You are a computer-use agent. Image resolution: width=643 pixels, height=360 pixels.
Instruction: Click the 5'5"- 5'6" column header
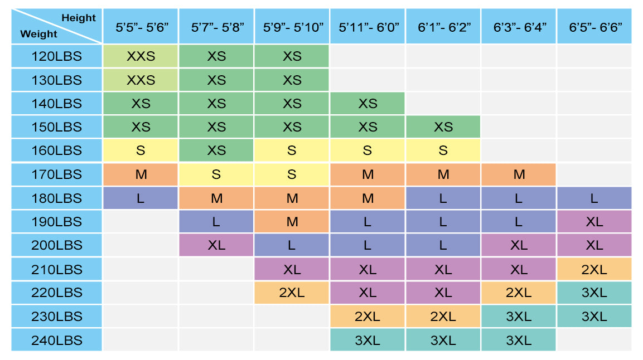[x=141, y=27]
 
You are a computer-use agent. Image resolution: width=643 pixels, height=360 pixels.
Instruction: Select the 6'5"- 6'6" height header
[x=594, y=27]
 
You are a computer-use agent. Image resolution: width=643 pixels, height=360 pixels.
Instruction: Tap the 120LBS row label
[x=56, y=56]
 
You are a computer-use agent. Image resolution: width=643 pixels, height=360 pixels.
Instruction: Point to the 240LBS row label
[x=56, y=340]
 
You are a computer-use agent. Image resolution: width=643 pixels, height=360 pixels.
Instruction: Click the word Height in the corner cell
[x=79, y=18]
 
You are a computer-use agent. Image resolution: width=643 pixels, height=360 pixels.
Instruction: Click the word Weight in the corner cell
[x=38, y=34]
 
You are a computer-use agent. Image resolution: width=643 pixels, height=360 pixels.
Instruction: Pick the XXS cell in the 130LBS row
[x=141, y=80]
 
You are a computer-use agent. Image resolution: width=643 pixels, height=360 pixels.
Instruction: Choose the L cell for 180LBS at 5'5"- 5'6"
[x=141, y=198]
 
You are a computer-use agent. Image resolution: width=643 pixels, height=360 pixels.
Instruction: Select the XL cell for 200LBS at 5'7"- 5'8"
[x=216, y=245]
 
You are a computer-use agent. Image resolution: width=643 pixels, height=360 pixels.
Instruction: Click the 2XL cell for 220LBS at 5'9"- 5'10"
[x=292, y=293]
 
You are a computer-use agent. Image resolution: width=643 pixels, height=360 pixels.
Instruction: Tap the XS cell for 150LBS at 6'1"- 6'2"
[x=443, y=127]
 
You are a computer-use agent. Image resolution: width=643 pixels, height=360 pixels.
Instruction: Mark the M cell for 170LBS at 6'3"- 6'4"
[x=519, y=174]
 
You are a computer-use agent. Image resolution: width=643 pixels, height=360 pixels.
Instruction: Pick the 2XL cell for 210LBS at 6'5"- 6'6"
[x=594, y=269]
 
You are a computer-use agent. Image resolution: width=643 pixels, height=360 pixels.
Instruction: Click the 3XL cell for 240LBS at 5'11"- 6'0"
[x=368, y=340]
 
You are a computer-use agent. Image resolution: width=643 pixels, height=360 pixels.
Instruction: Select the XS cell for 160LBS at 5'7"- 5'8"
[x=216, y=150]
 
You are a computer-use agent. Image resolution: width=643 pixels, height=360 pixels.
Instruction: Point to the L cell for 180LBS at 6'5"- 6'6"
[x=594, y=198]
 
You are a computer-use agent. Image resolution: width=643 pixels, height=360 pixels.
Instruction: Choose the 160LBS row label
[x=56, y=150]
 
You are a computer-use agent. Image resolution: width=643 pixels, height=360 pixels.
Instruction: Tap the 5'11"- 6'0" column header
[x=368, y=27]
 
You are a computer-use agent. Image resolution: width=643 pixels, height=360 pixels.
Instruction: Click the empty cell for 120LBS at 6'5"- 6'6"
[x=594, y=56]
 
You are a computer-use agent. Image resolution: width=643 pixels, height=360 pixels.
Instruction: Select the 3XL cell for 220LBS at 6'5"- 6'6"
[x=594, y=293]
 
